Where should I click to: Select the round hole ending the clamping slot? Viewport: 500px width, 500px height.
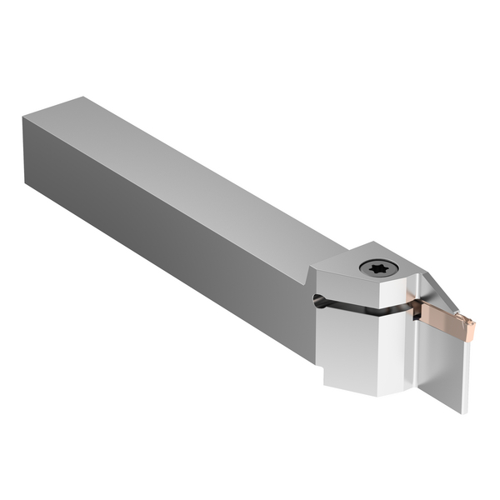pyautogui.click(x=318, y=301)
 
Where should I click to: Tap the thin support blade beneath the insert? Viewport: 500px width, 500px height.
pyautogui.click(x=446, y=367)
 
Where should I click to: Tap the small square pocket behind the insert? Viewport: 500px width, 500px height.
pyautogui.click(x=415, y=312)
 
